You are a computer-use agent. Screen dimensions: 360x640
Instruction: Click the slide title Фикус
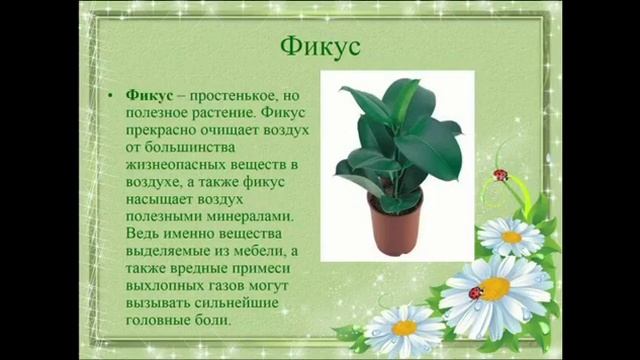(x=319, y=47)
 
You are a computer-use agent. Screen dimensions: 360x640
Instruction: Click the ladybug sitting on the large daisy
(x=475, y=292)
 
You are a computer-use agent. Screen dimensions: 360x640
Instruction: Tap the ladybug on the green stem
(x=500, y=176)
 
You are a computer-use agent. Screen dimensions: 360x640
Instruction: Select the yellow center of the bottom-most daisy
(x=404, y=327)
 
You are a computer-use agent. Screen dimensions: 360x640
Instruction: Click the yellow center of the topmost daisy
(x=511, y=237)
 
